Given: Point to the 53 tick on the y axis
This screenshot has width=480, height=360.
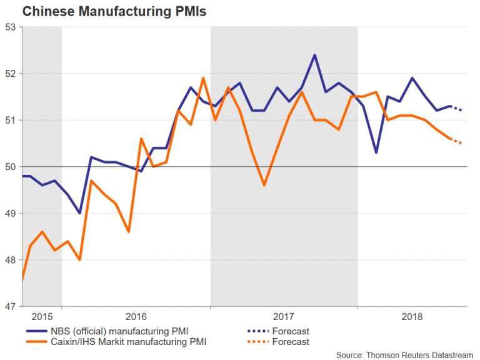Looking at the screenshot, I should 10,27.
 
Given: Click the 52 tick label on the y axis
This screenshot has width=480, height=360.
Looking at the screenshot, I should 10,73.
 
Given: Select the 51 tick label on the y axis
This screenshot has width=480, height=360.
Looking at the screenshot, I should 10,120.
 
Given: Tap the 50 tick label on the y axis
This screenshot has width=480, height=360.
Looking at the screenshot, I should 10,167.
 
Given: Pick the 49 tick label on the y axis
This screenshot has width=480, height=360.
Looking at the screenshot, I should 10,213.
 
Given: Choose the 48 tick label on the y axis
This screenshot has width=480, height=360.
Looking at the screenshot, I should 10,260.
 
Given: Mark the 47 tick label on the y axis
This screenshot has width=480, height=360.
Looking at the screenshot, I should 10,306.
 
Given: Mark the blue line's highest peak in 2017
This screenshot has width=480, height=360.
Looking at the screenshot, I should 314,55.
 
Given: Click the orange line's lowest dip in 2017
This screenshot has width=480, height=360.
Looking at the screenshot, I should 264,185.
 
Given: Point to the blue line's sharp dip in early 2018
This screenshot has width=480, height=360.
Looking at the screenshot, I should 376,152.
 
